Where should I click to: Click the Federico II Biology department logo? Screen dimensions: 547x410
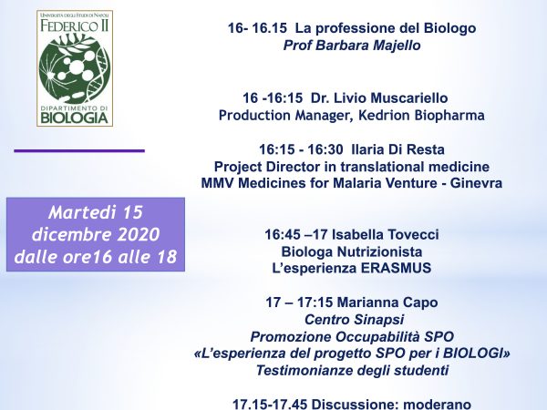point(75,68)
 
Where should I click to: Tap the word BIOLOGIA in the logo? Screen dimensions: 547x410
point(75,118)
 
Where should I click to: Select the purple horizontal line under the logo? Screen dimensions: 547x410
point(79,151)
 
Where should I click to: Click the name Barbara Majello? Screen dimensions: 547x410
point(368,46)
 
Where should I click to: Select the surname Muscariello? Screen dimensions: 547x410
point(408,98)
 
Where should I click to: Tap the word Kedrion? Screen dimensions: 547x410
point(385,115)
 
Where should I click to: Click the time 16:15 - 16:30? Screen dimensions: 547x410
point(301,149)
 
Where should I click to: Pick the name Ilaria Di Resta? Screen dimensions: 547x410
point(398,149)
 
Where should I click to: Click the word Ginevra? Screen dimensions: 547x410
point(476,183)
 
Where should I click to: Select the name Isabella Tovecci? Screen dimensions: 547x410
point(385,234)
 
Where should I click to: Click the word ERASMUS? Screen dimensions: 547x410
point(396,268)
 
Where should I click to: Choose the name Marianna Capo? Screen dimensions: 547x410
point(387,302)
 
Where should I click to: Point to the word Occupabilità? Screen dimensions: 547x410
point(377,337)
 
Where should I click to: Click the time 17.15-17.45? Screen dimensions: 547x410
point(270,405)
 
